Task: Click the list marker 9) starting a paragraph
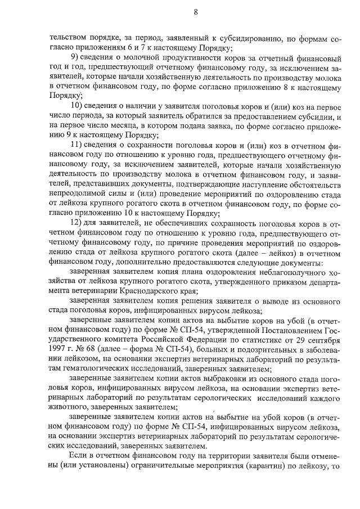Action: point(74,58)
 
